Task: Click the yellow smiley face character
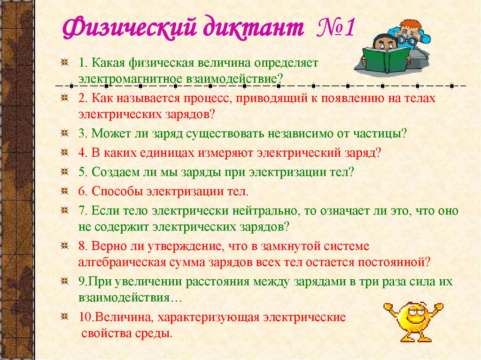pos(413,319)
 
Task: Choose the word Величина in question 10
pos(123,317)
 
